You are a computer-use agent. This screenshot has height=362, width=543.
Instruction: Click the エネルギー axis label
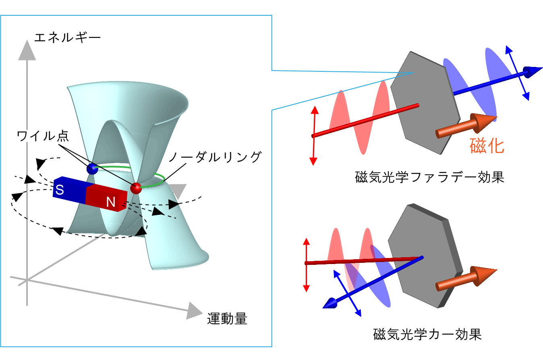coord(67,38)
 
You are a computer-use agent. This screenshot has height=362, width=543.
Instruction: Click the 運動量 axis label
coord(227,318)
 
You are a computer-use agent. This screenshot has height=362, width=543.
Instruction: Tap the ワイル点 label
coord(43,136)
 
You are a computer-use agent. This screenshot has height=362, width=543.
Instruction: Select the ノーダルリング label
coord(216,157)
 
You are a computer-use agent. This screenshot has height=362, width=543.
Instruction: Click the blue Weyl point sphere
coord(92,169)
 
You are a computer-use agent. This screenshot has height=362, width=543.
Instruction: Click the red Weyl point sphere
coord(136,188)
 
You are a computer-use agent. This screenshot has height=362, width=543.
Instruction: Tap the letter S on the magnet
coord(60,190)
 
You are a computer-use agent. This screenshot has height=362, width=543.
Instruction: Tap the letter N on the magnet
coord(111,202)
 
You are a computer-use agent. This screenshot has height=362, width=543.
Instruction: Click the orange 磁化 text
coord(487,146)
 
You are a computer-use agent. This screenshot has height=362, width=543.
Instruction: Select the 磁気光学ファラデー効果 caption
coord(430,177)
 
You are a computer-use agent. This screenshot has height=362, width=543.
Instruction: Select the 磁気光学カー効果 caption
coord(427,334)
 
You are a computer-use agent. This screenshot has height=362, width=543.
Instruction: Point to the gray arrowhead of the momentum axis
coord(194,311)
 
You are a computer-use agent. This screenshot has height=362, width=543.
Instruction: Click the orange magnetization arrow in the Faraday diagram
coord(465,126)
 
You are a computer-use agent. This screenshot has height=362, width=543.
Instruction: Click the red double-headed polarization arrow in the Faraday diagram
coord(314,135)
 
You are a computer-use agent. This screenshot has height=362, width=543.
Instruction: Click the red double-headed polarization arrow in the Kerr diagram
coord(307,265)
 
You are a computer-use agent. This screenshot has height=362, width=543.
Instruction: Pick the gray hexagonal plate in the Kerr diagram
coord(425,256)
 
